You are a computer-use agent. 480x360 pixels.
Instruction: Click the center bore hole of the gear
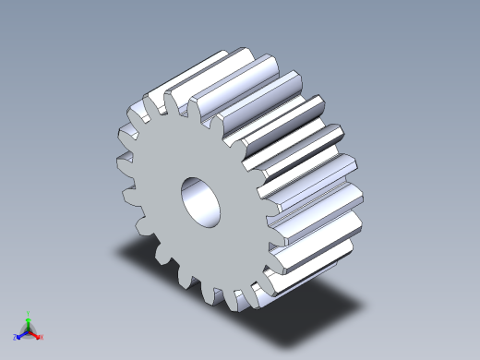click(200, 200)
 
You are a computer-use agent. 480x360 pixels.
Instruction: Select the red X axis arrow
click(37, 334)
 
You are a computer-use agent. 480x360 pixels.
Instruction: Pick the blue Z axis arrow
click(20, 334)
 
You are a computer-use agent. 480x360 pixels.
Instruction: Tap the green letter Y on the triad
click(28, 313)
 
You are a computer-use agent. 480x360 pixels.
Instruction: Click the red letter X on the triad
click(42, 337)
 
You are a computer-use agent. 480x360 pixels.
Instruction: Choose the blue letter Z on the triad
click(16, 337)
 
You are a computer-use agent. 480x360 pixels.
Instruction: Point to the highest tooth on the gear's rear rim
click(222, 55)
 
